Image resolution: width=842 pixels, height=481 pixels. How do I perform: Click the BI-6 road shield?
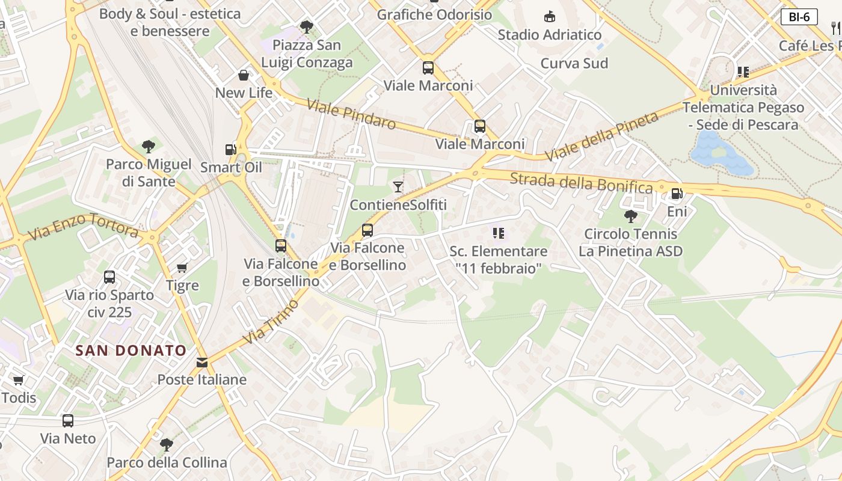pos(799,17)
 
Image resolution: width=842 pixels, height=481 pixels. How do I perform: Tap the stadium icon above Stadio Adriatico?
pos(549,16)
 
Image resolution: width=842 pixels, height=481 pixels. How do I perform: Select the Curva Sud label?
pos(574,63)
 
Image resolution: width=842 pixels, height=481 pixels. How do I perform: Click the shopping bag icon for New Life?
pos(244,75)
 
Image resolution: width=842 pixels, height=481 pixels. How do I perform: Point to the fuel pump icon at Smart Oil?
pos(230,149)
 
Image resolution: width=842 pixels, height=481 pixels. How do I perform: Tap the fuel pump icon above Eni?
pos(677,194)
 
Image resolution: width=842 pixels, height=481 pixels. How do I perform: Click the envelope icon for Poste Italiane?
pos(201,362)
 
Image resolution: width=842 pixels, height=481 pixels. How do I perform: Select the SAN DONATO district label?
pos(131,351)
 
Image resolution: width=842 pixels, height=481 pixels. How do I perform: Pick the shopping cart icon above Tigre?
pos(182,268)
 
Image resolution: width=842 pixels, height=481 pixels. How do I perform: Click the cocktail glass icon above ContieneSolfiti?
pos(398,187)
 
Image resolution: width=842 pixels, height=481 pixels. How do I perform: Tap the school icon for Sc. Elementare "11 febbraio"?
pos(498,233)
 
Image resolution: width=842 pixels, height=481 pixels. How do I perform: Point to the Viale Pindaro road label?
pos(351,114)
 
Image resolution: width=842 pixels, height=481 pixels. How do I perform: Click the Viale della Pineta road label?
pos(601,136)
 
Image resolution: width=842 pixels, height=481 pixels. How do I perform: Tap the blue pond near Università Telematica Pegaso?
pos(719,153)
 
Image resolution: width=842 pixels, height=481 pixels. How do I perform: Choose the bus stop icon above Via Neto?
pos(68,421)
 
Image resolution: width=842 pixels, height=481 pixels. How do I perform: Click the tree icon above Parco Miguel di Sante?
pos(148,146)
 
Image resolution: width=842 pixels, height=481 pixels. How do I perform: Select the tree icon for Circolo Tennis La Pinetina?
pos(630,216)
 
